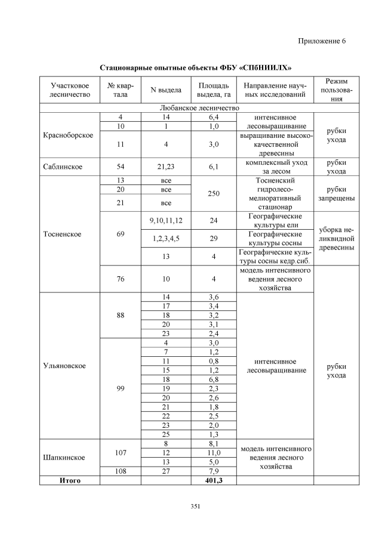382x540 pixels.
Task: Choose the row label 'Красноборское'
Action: (x=69, y=135)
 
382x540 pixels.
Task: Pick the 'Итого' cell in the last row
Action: (x=69, y=480)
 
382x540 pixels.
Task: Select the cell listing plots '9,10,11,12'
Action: (x=166, y=220)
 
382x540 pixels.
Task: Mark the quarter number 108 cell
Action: (x=120, y=471)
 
